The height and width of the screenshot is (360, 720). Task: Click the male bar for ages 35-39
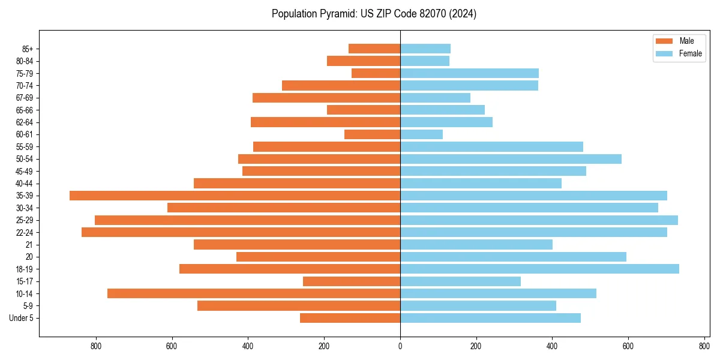tap(235, 196)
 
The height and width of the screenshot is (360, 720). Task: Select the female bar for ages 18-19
tap(539, 269)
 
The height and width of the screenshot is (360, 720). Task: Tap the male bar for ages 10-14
tap(254, 293)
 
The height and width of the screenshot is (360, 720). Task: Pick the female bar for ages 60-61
tap(421, 134)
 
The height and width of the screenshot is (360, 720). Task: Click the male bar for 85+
tap(374, 49)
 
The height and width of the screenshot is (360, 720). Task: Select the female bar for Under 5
tap(490, 318)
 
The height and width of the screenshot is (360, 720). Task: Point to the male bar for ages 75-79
tap(376, 73)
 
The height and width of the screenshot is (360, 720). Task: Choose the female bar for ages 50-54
tap(511, 159)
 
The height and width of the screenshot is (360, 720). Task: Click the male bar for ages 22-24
tap(241, 232)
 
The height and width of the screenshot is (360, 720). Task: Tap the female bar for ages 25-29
tap(539, 220)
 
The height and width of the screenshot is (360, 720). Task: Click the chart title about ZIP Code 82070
tap(374, 14)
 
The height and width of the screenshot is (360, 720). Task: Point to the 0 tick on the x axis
tap(400, 346)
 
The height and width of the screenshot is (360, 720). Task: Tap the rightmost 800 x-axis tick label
tap(704, 346)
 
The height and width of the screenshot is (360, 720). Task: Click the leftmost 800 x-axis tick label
tap(96, 346)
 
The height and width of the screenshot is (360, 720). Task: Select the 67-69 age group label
tap(25, 98)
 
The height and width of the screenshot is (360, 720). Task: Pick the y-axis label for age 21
tap(29, 245)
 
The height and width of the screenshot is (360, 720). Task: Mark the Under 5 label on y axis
tap(22, 318)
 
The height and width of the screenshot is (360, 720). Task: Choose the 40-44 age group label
tap(25, 184)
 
